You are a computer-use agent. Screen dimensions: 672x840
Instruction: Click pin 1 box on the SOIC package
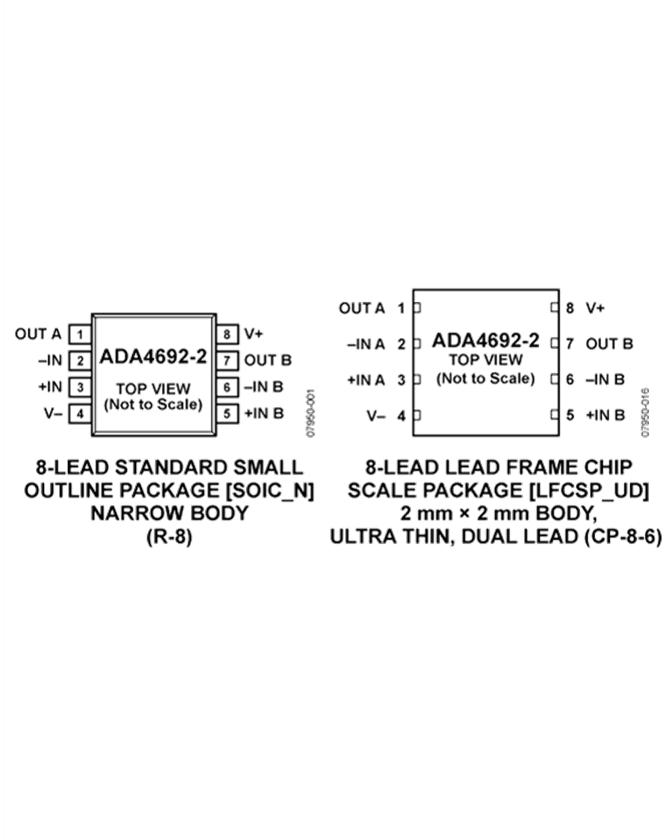(x=80, y=335)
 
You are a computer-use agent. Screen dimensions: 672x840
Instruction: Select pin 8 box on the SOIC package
(x=227, y=335)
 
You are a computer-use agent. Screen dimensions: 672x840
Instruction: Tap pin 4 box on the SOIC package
(x=80, y=414)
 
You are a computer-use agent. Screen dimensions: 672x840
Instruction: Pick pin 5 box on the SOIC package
(x=227, y=414)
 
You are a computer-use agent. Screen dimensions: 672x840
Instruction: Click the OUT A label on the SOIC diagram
(x=38, y=335)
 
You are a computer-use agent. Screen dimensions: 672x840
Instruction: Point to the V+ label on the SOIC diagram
(x=253, y=334)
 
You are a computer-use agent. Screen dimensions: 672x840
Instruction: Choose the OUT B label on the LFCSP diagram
(x=609, y=343)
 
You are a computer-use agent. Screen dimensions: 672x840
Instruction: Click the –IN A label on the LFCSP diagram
(x=366, y=344)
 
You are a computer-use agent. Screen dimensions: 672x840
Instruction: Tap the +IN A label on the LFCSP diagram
(x=366, y=380)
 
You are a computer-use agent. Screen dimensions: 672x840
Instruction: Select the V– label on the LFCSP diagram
(x=376, y=416)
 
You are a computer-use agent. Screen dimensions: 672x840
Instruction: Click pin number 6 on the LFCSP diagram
(x=570, y=379)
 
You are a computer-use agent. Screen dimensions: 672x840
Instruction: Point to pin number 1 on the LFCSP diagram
(x=401, y=308)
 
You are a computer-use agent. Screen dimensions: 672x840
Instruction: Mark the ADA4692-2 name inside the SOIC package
(x=153, y=356)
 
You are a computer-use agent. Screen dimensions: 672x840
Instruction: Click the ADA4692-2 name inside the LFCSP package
(x=485, y=340)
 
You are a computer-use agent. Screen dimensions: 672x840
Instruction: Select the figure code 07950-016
(x=645, y=413)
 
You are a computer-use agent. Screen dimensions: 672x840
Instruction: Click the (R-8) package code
(x=169, y=536)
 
